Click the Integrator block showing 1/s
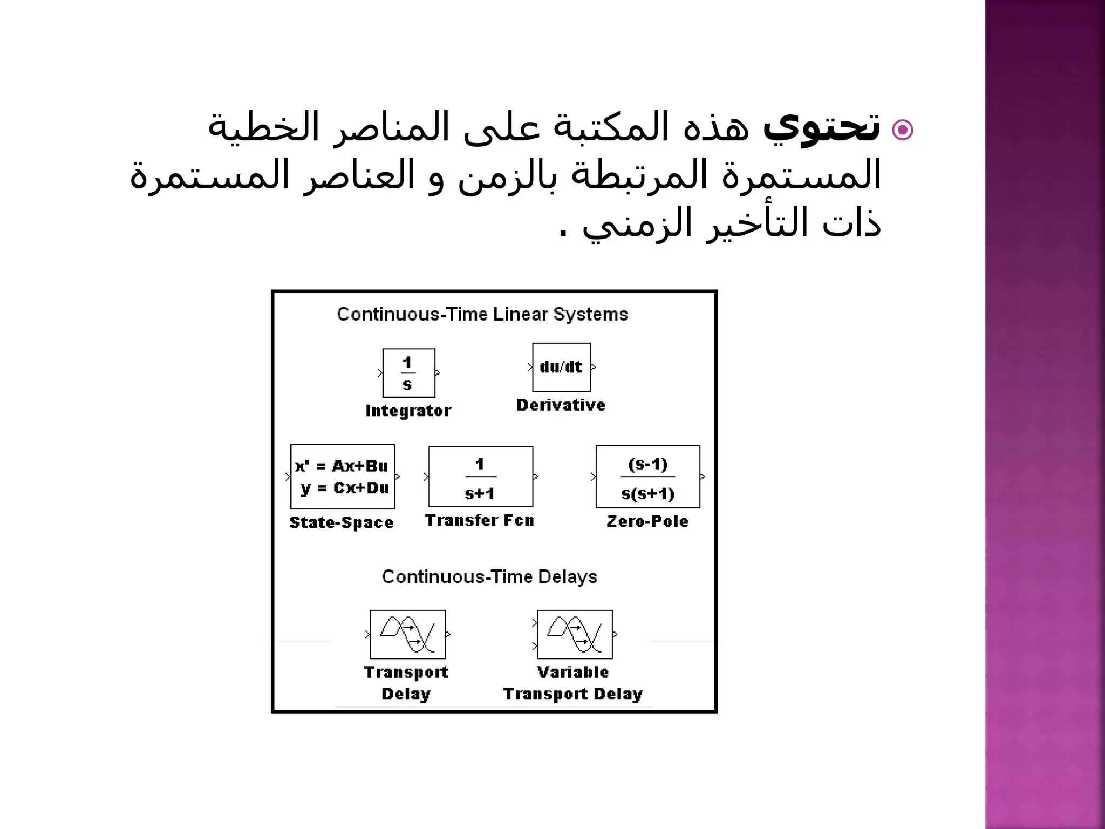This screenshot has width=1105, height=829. (408, 373)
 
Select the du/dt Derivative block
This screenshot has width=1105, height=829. (561, 367)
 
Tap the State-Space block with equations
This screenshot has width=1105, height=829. (342, 477)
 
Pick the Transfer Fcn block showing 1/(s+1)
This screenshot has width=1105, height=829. (481, 477)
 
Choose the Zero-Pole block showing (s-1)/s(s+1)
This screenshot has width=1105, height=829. (647, 477)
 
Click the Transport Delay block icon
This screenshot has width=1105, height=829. (407, 634)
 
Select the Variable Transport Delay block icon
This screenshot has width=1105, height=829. (575, 634)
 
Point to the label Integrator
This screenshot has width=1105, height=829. (408, 411)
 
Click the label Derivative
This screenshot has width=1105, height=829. (561, 405)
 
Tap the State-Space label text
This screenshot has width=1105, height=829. (342, 522)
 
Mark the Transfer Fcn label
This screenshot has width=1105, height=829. (480, 520)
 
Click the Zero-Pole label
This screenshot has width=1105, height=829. (647, 521)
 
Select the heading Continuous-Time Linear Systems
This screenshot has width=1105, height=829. (482, 314)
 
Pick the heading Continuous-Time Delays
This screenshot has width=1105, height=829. (489, 576)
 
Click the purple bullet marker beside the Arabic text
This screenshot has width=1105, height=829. (902, 130)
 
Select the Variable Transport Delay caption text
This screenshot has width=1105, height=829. (573, 683)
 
